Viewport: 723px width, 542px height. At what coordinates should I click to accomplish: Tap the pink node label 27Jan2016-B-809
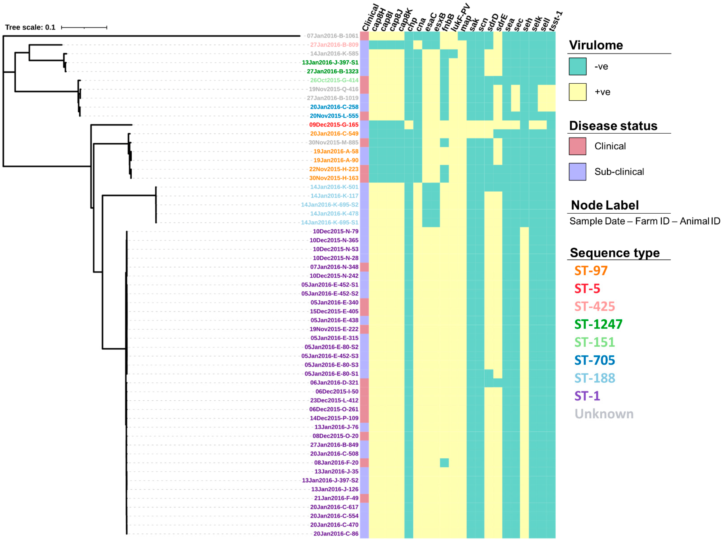coord(334,45)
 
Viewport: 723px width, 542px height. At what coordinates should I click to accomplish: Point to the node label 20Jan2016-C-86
coord(336,534)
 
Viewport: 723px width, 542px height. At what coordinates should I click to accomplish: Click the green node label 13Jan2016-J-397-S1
coord(330,62)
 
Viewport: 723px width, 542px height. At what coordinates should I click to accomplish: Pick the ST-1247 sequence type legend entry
coord(598,324)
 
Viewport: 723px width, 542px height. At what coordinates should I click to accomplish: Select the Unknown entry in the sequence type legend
coord(604,414)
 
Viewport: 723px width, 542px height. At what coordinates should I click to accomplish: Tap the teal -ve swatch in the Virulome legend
coord(578,66)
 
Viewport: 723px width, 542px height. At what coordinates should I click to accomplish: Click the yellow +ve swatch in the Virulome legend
coord(578,92)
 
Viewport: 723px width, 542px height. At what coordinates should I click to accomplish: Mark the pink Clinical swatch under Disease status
coord(578,146)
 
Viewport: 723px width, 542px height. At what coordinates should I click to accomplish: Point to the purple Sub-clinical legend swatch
coord(578,172)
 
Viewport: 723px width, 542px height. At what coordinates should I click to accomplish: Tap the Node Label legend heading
coord(605,205)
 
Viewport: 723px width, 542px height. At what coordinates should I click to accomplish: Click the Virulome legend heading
coord(596,45)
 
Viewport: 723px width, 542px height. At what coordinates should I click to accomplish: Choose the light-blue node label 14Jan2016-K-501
coord(334,187)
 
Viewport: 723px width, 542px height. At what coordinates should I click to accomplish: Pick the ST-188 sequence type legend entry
coord(595,378)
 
